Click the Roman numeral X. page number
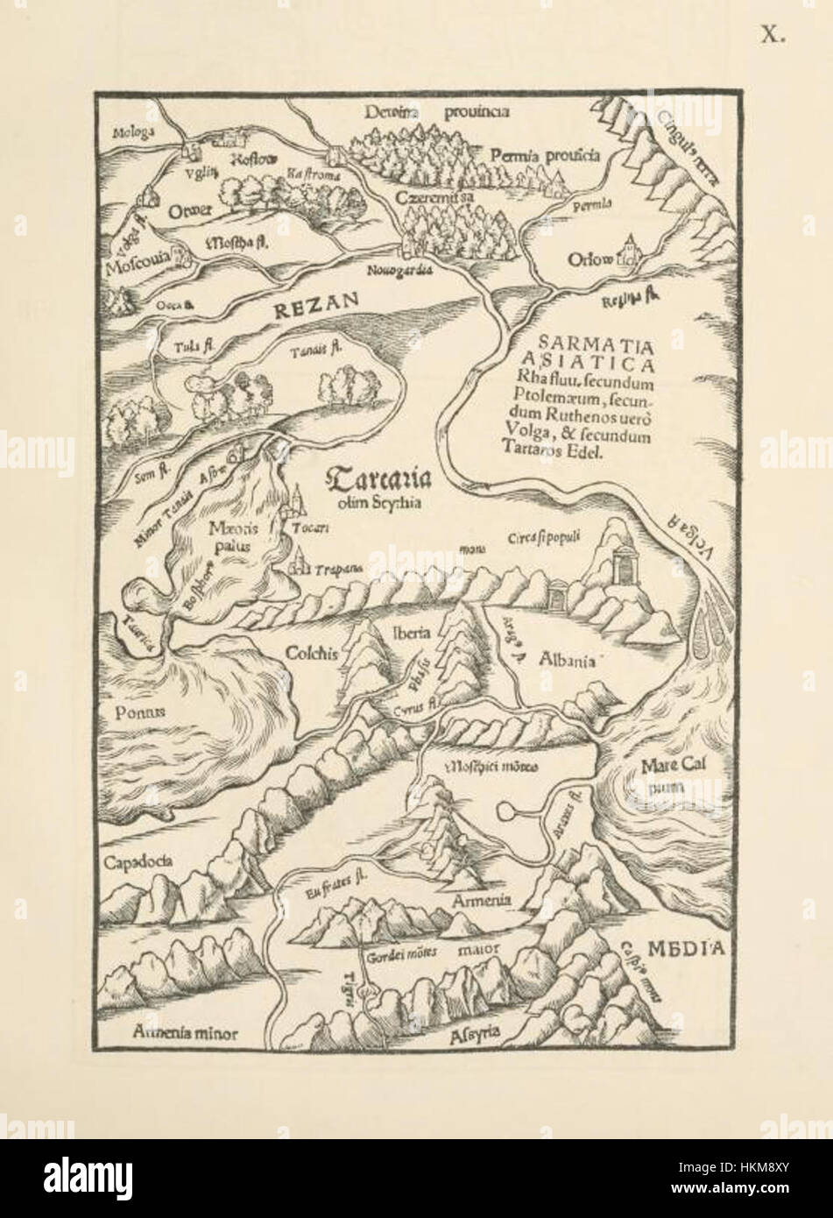point(773,36)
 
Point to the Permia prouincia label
point(545,156)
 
